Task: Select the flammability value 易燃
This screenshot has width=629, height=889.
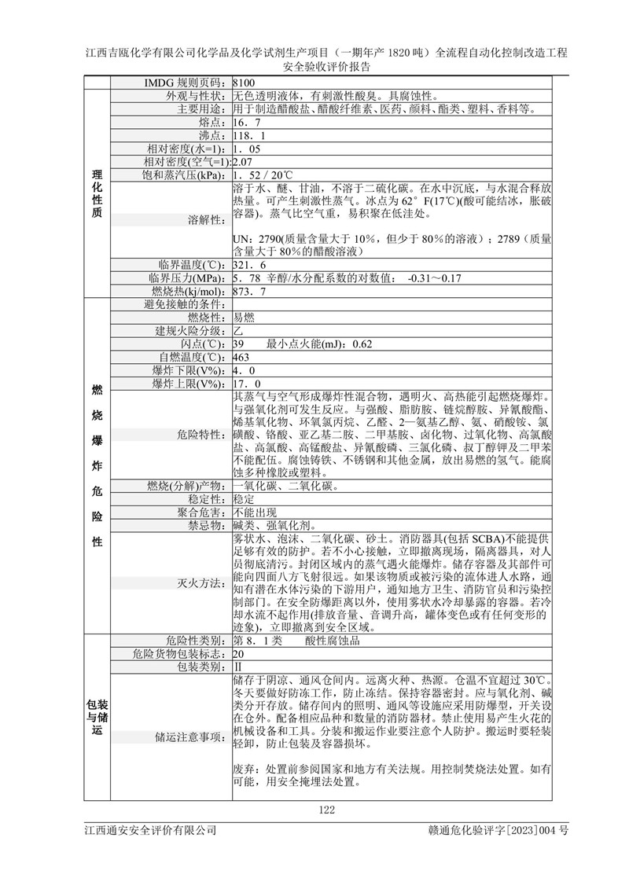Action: click(244, 318)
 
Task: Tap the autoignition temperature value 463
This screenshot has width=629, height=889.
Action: click(241, 358)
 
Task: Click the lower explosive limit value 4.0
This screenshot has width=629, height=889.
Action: click(245, 371)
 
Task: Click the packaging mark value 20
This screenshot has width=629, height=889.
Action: click(239, 653)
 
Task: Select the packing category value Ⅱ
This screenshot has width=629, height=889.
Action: click(237, 667)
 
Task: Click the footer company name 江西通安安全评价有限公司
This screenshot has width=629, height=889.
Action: click(150, 830)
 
